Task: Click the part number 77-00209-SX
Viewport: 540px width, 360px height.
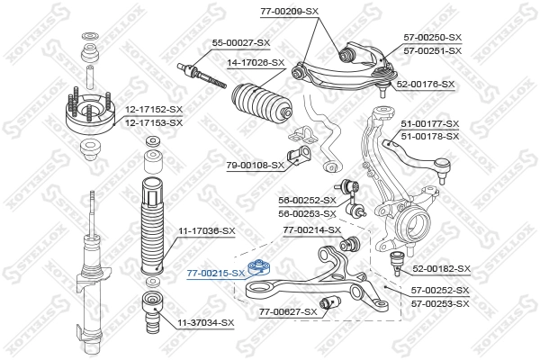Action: (x=289, y=12)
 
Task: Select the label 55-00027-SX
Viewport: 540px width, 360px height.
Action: (x=240, y=42)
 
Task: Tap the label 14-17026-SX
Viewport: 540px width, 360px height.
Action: (x=255, y=63)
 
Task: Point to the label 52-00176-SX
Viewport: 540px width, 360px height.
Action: (x=426, y=84)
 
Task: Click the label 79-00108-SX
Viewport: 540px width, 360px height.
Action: (x=255, y=165)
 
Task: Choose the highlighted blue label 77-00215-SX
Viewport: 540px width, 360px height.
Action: (x=215, y=272)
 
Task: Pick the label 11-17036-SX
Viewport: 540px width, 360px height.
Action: (x=206, y=232)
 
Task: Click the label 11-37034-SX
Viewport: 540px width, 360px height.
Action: (x=205, y=322)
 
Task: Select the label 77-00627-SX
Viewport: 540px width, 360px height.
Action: (x=289, y=311)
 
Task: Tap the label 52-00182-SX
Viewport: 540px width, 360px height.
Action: (x=441, y=269)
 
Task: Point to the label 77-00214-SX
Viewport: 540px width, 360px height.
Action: (x=312, y=230)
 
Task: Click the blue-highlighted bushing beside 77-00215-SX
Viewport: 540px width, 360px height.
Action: (x=261, y=267)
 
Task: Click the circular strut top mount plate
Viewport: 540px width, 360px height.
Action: (x=91, y=114)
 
